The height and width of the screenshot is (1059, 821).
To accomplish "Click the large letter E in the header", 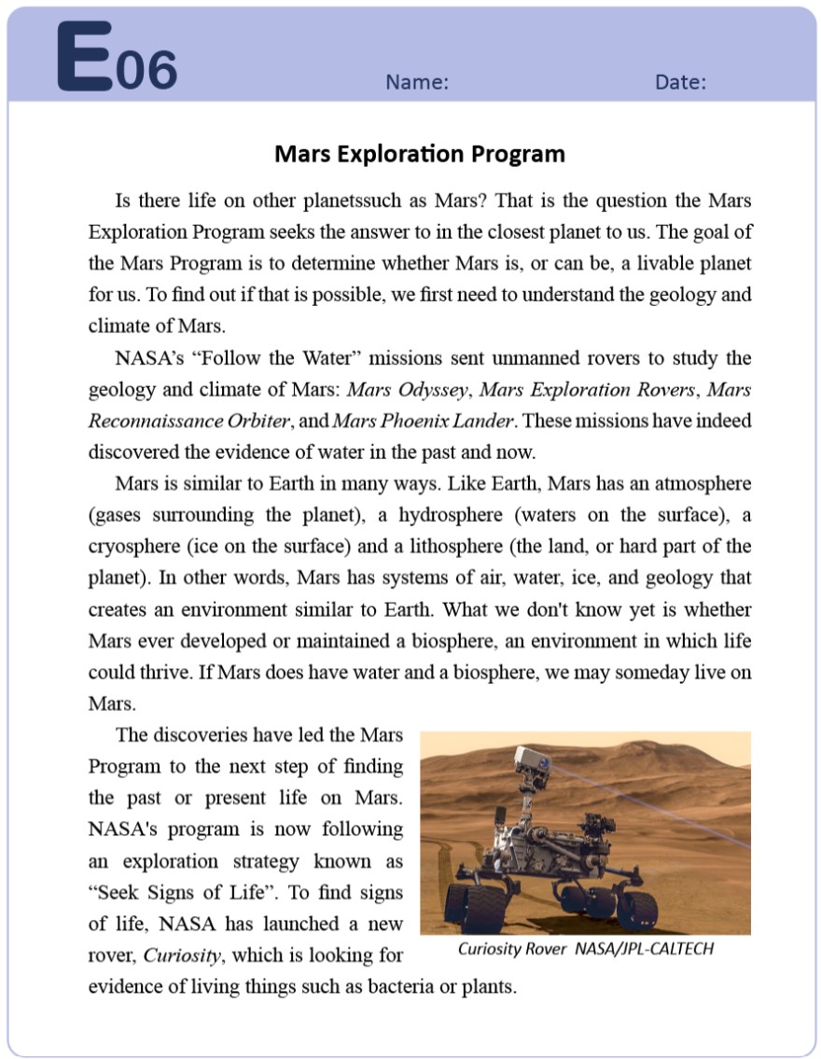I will [x=85, y=58].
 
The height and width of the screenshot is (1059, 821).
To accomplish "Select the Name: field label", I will [x=417, y=82].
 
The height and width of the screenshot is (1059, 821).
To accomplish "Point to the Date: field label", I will [x=680, y=82].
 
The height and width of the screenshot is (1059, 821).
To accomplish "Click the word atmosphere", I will [x=701, y=484].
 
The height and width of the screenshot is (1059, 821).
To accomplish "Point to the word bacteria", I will [x=416, y=986].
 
